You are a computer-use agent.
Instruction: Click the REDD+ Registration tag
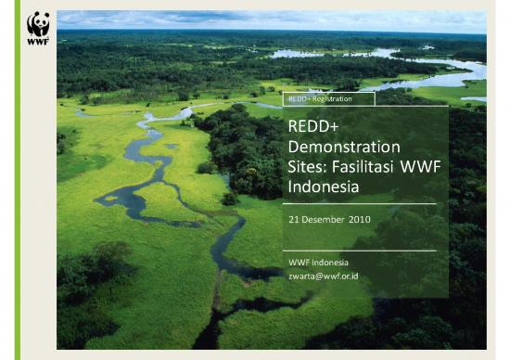329,97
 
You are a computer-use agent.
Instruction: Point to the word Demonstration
344,147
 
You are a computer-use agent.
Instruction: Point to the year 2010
360,220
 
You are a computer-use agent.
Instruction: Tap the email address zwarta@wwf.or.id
324,276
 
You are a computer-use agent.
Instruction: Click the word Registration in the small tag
339,97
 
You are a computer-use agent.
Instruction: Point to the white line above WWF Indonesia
362,250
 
